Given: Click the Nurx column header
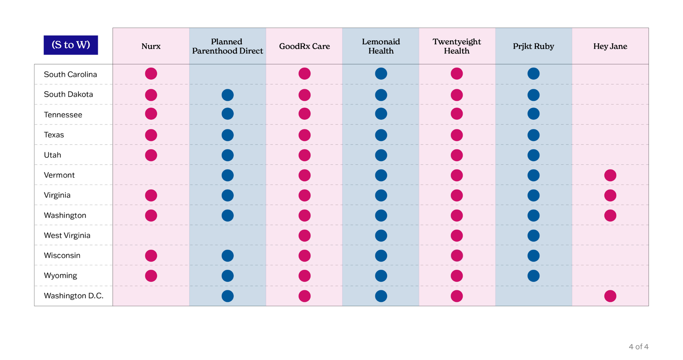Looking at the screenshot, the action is pos(151,46).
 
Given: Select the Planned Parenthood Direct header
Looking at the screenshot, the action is pos(227,46).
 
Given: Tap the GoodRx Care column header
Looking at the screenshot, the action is pos(304,46).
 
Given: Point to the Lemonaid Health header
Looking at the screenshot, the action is pos(381,46).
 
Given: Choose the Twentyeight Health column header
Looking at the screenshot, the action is pos(457,46).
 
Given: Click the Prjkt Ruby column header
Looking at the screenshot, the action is pos(533,46).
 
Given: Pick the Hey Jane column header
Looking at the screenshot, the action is pos(610,46).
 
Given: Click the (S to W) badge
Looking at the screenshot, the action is pos(71,45).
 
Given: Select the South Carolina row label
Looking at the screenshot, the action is pos(70,74).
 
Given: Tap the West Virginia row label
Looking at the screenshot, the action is pos(67,235).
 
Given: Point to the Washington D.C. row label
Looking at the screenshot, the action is pos(74,296).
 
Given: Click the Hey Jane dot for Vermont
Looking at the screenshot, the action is pos(610,175).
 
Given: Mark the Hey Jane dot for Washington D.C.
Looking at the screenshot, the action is pos(610,296).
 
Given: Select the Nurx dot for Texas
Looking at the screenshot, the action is pos(151,135).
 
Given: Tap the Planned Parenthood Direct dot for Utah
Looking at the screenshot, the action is pos(227,155).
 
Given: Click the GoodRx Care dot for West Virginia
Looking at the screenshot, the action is pos(304,236).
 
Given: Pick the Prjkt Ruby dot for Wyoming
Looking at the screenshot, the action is pos(533,276).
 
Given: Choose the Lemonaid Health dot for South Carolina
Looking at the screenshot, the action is pos(381,73).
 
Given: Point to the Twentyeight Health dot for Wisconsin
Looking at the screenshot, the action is pos(457,256).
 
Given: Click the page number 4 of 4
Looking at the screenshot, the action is pos(638,347).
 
